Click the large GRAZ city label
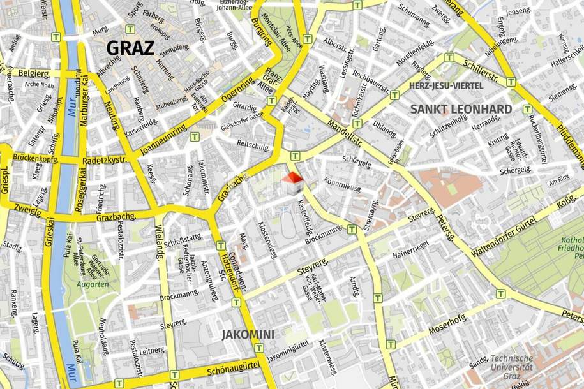(130, 47)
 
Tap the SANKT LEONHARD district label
(461, 109)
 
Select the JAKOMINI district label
(248, 334)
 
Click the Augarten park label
(94, 284)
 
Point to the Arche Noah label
(39, 84)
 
